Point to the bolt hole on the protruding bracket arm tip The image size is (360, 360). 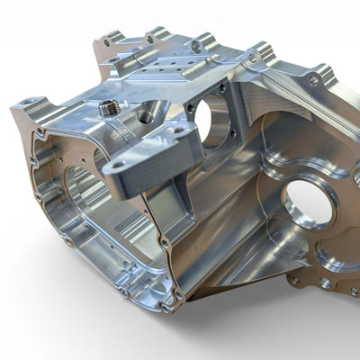[117, 166]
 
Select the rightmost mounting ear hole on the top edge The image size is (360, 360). [313, 80]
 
